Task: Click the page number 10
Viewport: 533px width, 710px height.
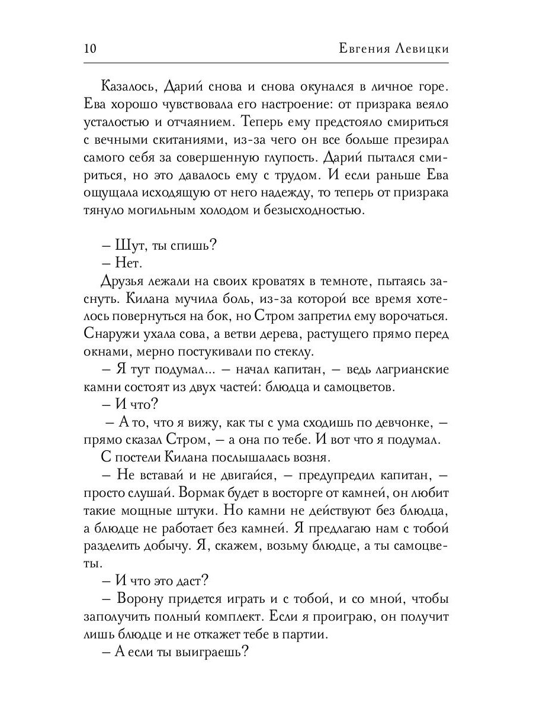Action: pos(92,49)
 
